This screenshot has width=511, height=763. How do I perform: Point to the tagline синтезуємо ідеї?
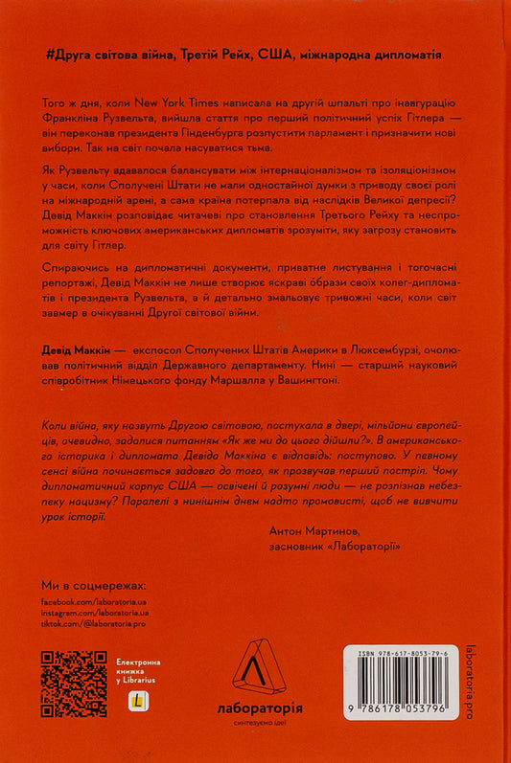[x=255, y=723]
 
